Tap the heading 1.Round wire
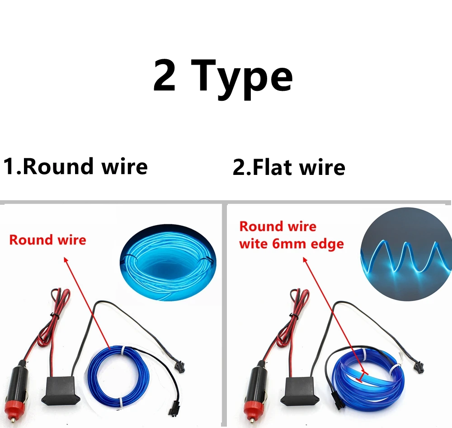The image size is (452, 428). (75, 166)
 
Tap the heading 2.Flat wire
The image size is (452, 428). (289, 167)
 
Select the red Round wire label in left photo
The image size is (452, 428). (47, 240)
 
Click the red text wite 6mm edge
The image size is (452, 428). (292, 244)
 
